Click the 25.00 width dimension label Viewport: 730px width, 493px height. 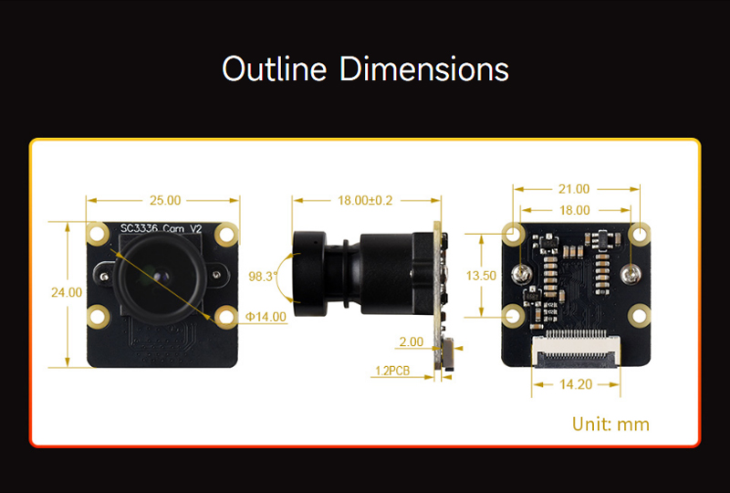pyautogui.click(x=165, y=200)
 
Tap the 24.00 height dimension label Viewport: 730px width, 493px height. pyautogui.click(x=67, y=292)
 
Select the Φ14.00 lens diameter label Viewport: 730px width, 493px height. pyautogui.click(x=266, y=317)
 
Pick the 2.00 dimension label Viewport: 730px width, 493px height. pyautogui.click(x=410, y=342)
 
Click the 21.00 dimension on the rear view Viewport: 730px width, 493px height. pyautogui.click(x=574, y=189)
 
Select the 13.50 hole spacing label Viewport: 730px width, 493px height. pyautogui.click(x=481, y=275)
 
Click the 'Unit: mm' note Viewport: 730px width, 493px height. pyautogui.click(x=610, y=424)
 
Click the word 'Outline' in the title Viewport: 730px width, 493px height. pyautogui.click(x=275, y=69)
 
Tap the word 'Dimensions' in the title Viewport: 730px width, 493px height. pyautogui.click(x=424, y=69)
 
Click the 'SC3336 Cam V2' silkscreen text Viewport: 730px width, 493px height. pyautogui.click(x=162, y=228)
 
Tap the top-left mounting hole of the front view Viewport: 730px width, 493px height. pyautogui.click(x=98, y=234)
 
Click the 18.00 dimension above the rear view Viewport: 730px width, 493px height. pyautogui.click(x=574, y=209)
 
